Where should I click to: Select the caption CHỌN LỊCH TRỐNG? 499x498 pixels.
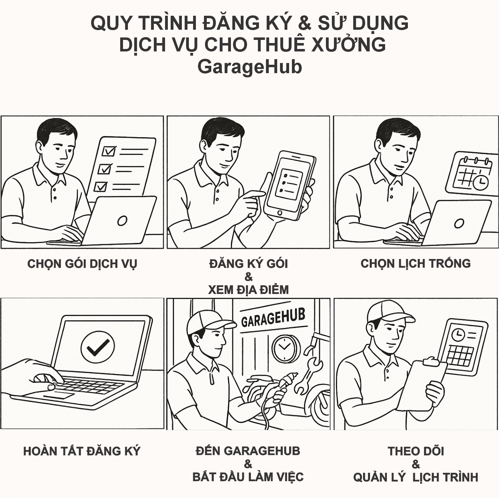416,264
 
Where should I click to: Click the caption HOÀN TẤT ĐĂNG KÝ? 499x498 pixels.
82,451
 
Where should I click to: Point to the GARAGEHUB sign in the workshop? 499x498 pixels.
273,318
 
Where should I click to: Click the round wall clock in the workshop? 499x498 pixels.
284,347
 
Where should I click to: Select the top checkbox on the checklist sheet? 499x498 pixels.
109,151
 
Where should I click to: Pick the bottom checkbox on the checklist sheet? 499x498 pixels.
101,186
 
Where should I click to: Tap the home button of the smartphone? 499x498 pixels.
279,212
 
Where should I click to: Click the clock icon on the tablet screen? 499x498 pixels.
458,335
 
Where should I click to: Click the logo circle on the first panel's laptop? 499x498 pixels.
122,221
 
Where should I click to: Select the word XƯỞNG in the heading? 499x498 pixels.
348,45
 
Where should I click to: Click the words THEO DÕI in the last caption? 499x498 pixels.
416,451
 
